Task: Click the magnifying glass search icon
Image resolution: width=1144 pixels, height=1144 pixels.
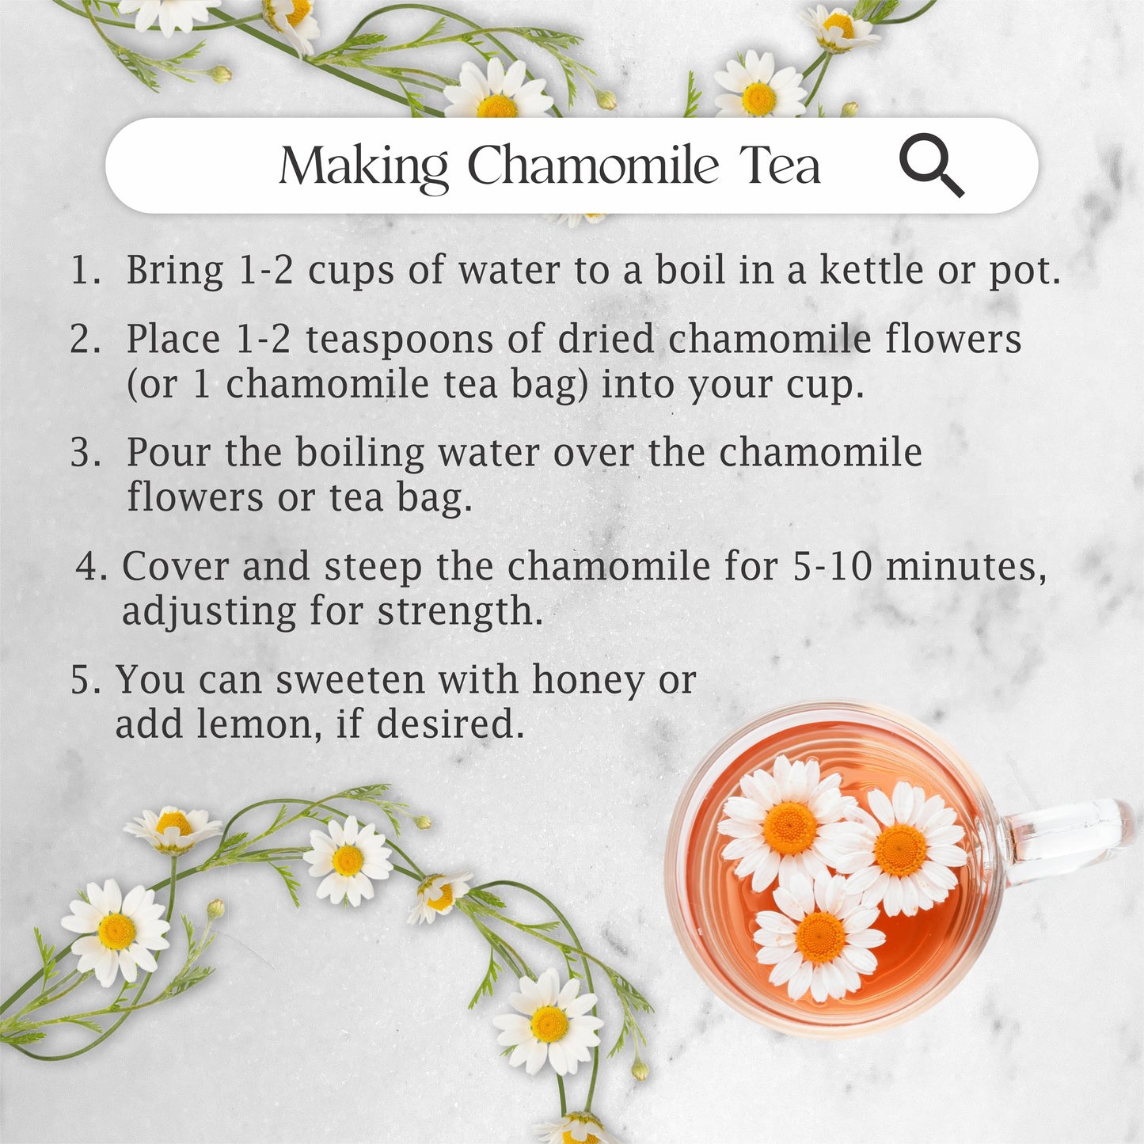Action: pyautogui.click(x=931, y=165)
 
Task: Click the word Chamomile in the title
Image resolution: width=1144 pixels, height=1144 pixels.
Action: pyautogui.click(x=593, y=165)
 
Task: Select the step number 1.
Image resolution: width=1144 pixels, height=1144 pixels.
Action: pyautogui.click(x=86, y=270)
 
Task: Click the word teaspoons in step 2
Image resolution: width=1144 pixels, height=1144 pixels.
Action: pyautogui.click(x=399, y=340)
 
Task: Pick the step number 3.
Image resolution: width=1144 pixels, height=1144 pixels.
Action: pyautogui.click(x=86, y=453)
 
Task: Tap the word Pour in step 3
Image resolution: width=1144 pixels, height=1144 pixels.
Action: pyautogui.click(x=169, y=452)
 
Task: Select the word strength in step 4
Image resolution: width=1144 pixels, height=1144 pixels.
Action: pyautogui.click(x=459, y=612)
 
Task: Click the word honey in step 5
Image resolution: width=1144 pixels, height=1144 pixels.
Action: pyautogui.click(x=588, y=681)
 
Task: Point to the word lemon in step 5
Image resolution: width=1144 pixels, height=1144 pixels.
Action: pyautogui.click(x=259, y=724)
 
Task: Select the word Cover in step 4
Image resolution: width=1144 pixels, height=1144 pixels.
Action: pyautogui.click(x=176, y=566)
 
